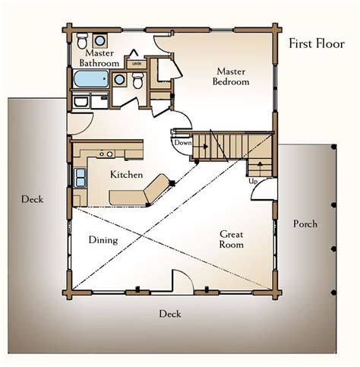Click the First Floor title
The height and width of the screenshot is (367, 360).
(x=317, y=43)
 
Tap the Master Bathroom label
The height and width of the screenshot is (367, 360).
(x=99, y=58)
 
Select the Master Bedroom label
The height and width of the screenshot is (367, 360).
(x=231, y=76)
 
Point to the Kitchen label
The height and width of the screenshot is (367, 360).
(x=126, y=174)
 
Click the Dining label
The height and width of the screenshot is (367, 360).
(x=103, y=240)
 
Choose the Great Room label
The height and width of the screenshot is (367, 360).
(x=232, y=239)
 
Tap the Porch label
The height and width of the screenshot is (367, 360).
(x=305, y=223)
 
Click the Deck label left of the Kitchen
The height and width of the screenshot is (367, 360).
(x=32, y=199)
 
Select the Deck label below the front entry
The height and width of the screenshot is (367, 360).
(x=170, y=314)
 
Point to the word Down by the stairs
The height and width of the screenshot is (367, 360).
(x=183, y=143)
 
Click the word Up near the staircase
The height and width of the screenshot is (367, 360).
(x=253, y=182)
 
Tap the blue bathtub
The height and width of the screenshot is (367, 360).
(x=91, y=79)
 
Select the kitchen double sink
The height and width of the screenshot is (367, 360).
(x=80, y=178)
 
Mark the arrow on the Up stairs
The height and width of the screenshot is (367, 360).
(x=260, y=165)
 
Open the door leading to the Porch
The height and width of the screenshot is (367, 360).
(x=264, y=189)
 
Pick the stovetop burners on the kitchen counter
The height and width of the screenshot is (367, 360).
(x=106, y=153)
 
